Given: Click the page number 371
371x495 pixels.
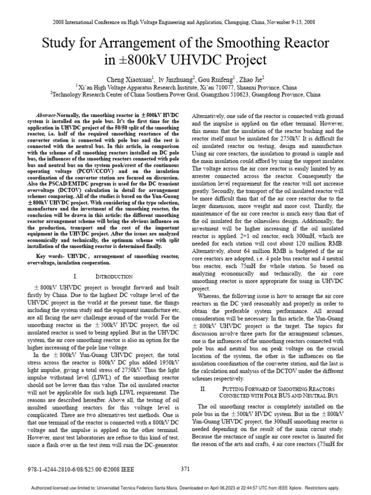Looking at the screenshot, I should [x=185, y=468].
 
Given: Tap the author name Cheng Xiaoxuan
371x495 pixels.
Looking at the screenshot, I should [x=131, y=77].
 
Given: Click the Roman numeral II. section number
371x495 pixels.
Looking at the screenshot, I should [x=203, y=389].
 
